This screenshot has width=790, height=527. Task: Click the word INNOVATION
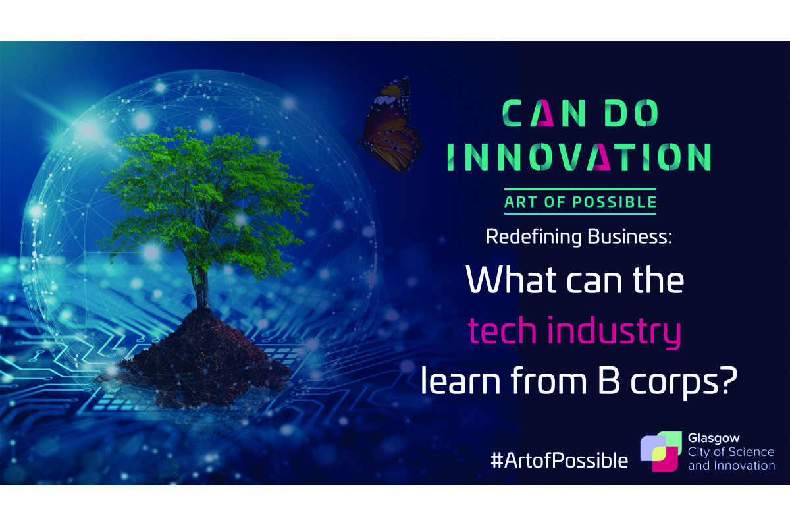click(579, 156)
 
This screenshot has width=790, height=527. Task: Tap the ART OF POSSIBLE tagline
click(580, 202)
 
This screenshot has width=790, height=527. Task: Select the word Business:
click(630, 236)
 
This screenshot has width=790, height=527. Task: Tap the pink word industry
click(614, 332)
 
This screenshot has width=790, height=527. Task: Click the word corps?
click(684, 382)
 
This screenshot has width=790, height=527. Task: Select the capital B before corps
click(609, 380)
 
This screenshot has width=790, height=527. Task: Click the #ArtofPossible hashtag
click(560, 460)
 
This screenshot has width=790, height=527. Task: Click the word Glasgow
click(714, 439)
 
